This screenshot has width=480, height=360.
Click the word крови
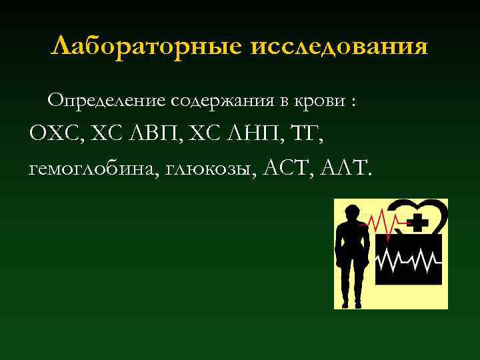[x=320, y=101]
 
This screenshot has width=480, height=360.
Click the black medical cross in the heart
[x=418, y=221]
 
